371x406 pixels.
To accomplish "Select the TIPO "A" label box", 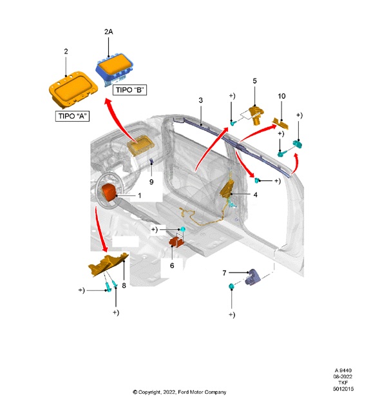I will pyautogui.click(x=71, y=117).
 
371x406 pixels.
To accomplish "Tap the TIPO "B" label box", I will pyautogui.click(x=129, y=90).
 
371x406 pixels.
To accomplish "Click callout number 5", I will pyautogui.click(x=254, y=81).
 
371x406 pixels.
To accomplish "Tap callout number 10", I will pyautogui.click(x=281, y=96).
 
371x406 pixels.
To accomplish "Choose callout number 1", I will pyautogui.click(x=138, y=195).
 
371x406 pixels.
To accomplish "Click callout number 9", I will pyautogui.click(x=151, y=182).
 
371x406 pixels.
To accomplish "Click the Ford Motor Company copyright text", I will pyautogui.click(x=179, y=392).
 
